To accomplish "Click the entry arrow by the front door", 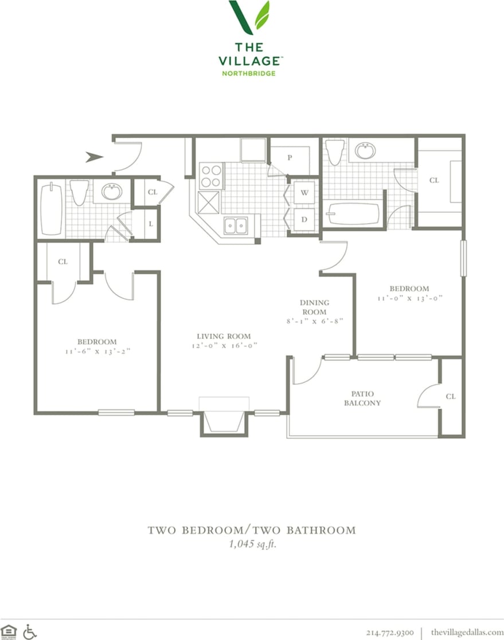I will coord(94,157).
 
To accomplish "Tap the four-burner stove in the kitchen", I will coord(211,175).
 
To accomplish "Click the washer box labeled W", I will coord(304,193).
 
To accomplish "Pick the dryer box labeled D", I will coord(304,218).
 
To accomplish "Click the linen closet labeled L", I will coord(150,224).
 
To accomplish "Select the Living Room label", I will coord(224,336).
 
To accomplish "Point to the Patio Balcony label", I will coord(362,398).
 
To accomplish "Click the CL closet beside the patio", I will coord(451,396).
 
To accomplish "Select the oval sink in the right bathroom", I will coord(365,151).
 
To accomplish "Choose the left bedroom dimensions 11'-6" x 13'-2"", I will coord(98,351).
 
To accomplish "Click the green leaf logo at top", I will coord(249,17).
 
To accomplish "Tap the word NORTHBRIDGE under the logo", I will coord(249,73).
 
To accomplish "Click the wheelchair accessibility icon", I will coord(30,631).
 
